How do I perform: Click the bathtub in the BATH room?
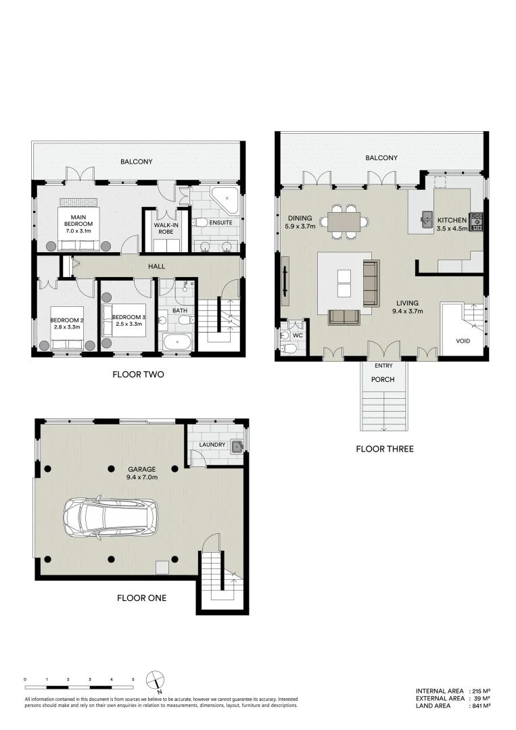click(x=177, y=341)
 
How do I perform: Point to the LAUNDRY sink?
click(x=236, y=445)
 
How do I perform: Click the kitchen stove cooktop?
click(x=477, y=220)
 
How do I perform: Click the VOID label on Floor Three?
click(x=463, y=341)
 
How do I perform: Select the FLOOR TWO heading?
click(x=138, y=374)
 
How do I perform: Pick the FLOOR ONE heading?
click(x=141, y=598)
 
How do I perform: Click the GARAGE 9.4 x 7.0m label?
click(x=142, y=473)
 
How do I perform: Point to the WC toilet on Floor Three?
click(x=288, y=347)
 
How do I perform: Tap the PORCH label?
click(x=383, y=379)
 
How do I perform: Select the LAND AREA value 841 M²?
click(x=480, y=705)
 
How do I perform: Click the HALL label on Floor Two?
click(x=157, y=267)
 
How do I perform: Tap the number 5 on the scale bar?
click(x=133, y=679)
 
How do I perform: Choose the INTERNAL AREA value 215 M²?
click(x=480, y=691)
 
